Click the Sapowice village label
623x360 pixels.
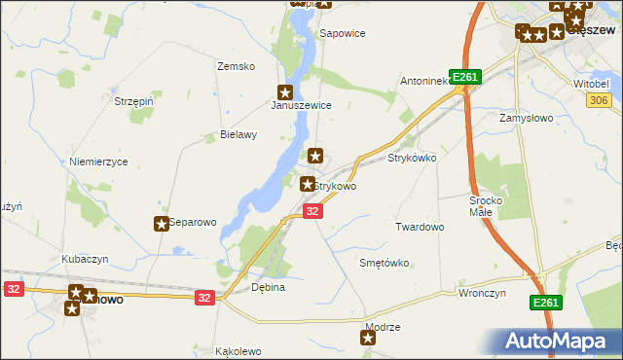point(343,33)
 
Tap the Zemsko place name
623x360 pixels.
point(236,66)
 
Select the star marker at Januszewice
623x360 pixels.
point(285,91)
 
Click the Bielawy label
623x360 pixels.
point(238,135)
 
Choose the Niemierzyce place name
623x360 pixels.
point(98,162)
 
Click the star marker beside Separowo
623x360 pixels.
point(162,224)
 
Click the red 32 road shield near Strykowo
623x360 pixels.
point(311,211)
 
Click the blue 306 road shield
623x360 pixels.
point(599,101)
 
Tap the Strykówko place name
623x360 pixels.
point(412,157)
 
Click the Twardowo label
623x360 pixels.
point(420,227)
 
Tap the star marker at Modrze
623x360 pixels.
point(368,339)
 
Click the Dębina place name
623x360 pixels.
point(268,287)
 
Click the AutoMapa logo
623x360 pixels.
point(558,342)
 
